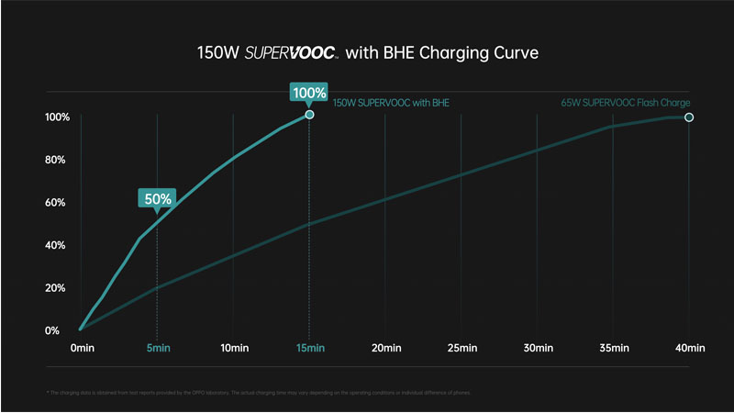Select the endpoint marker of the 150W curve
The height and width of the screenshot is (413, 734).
[309, 115]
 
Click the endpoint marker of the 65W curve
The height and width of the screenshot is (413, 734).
[689, 117]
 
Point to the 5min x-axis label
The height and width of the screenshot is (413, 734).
[158, 349]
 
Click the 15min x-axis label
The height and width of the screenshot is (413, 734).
[310, 349]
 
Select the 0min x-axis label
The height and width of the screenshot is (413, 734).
[83, 349]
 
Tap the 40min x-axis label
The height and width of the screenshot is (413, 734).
[689, 349]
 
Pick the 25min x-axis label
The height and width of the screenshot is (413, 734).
[462, 349]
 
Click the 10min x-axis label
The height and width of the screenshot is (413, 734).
[234, 349]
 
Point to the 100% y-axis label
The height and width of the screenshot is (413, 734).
[57, 117]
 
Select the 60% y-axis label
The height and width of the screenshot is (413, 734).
[57, 203]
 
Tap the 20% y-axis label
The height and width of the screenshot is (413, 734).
[57, 288]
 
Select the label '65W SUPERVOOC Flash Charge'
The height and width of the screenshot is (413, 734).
[625, 103]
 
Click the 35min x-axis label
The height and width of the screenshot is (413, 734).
[613, 349]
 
